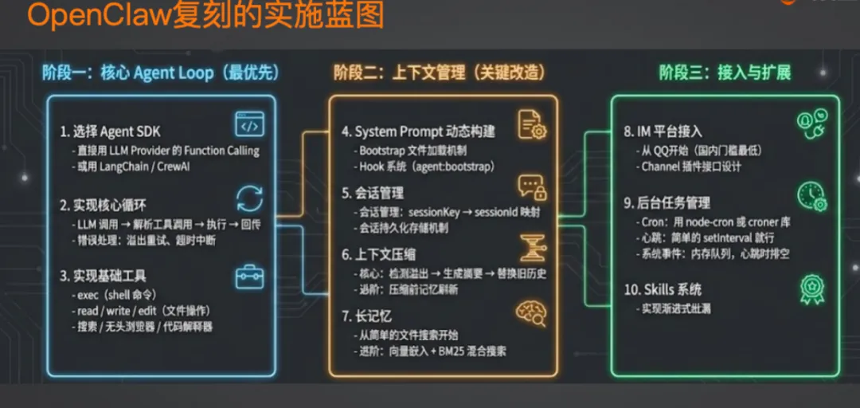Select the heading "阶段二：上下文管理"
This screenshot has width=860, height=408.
(439, 73)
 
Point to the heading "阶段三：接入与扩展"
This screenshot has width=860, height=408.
(725, 73)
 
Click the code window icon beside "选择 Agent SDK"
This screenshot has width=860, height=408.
(249, 124)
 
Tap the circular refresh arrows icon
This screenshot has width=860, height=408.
(249, 198)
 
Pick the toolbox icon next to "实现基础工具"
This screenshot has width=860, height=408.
(249, 277)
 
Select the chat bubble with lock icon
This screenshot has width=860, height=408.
(531, 188)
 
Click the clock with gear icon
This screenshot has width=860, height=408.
(811, 196)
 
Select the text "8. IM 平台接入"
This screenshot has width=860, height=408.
(663, 131)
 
